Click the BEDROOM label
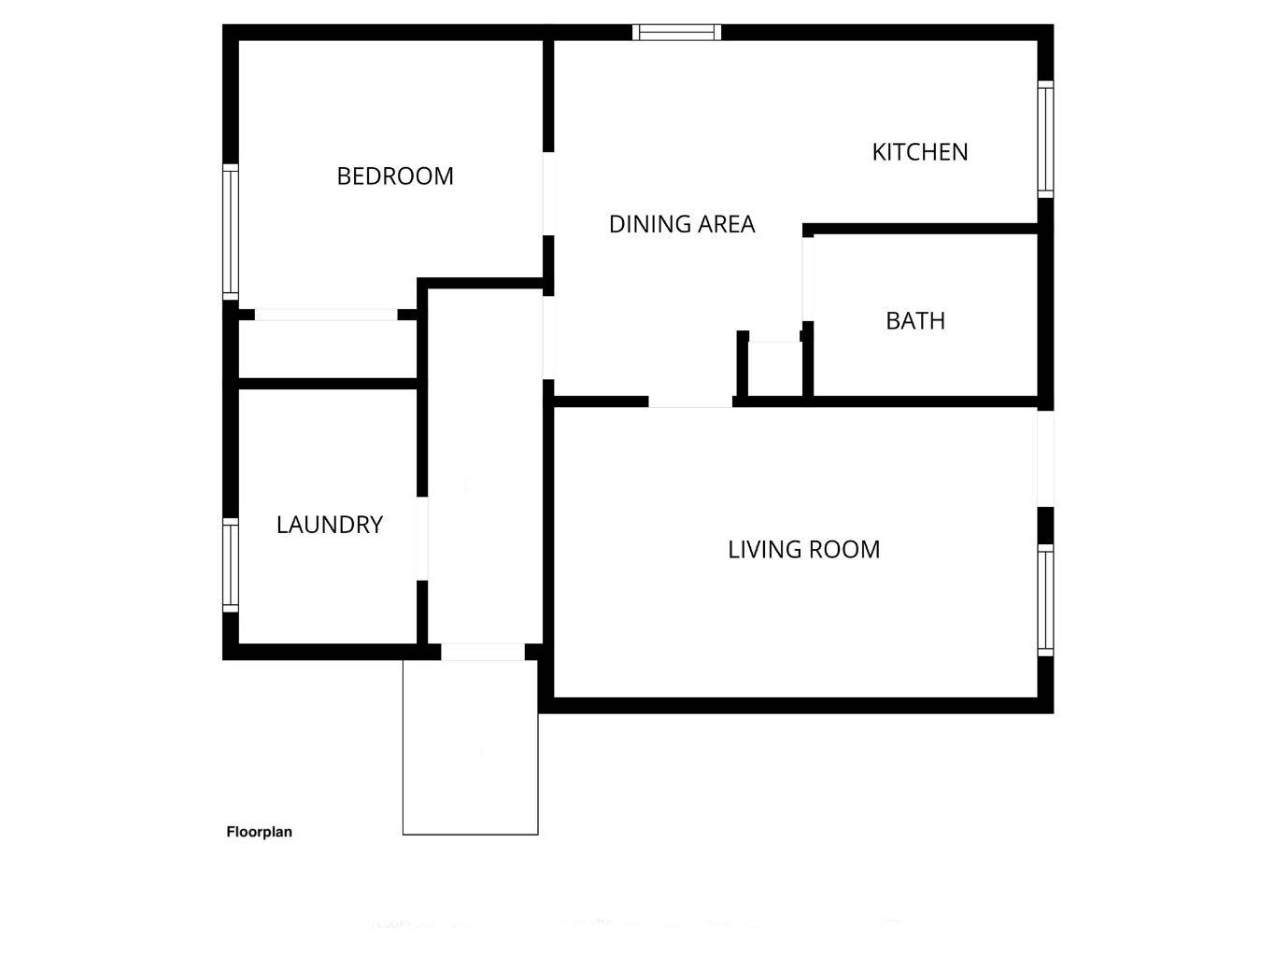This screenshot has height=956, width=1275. [x=395, y=176]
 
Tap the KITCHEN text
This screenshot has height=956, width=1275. [x=920, y=152]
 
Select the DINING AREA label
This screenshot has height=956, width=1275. [x=682, y=224]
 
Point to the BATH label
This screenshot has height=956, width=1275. [x=915, y=321]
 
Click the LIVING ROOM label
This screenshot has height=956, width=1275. [x=803, y=549]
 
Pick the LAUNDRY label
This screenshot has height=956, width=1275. [x=330, y=525]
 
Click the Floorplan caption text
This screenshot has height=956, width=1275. [x=260, y=832]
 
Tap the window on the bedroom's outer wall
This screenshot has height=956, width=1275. [x=230, y=232]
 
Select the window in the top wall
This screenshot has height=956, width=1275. [x=677, y=33]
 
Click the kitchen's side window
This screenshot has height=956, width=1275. [x=1046, y=138]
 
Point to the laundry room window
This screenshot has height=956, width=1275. [x=230, y=565]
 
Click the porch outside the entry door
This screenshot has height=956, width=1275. [x=470, y=747]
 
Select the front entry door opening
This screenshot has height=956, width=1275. [x=483, y=652]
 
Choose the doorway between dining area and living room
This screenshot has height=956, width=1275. [x=690, y=402]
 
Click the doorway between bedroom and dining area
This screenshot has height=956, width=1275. [x=548, y=193]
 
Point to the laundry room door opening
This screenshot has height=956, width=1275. [x=421, y=539]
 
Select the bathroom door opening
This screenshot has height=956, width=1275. [x=807, y=278]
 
